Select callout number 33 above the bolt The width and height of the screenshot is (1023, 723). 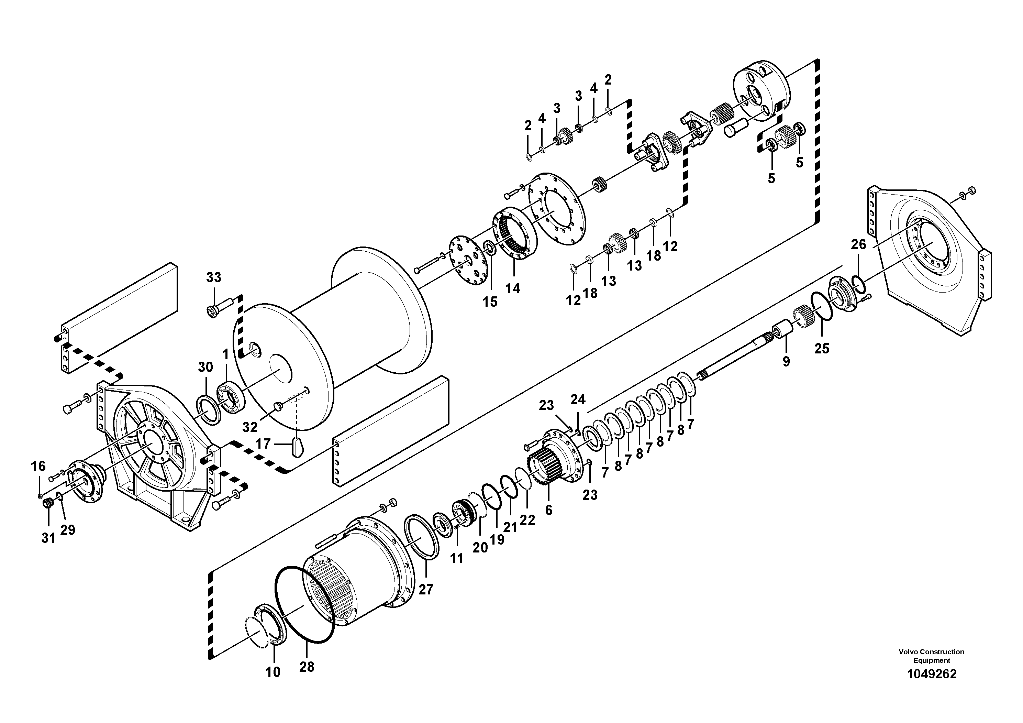pyautogui.click(x=213, y=277)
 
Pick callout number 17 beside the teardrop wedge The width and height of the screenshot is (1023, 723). pyautogui.click(x=263, y=444)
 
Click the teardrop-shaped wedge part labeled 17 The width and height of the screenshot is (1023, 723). pyautogui.click(x=297, y=447)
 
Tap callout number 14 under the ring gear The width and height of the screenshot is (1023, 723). pyautogui.click(x=512, y=288)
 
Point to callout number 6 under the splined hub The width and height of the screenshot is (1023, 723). pyautogui.click(x=548, y=510)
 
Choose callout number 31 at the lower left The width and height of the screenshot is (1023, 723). pyautogui.click(x=48, y=538)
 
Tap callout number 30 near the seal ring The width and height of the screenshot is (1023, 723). pyautogui.click(x=205, y=367)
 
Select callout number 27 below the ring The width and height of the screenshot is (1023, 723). pyautogui.click(x=426, y=589)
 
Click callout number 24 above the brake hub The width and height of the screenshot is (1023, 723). pyautogui.click(x=578, y=399)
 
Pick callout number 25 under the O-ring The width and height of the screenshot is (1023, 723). pyautogui.click(x=822, y=348)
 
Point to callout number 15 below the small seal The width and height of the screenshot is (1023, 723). pyautogui.click(x=490, y=302)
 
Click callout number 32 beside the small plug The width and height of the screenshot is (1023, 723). pyautogui.click(x=249, y=427)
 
